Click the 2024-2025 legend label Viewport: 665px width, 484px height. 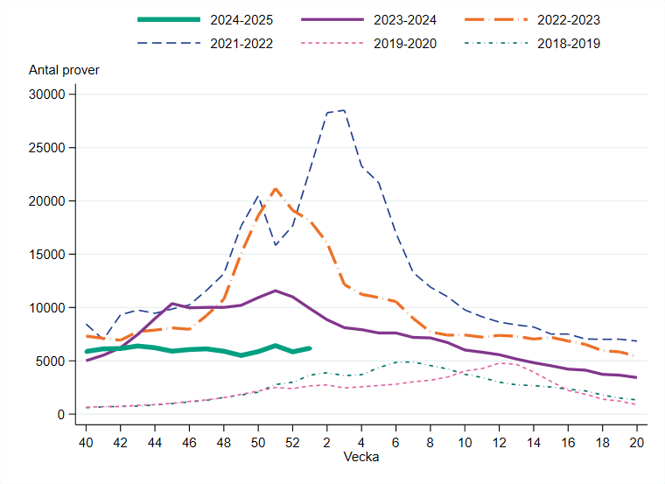pyautogui.click(x=238, y=19)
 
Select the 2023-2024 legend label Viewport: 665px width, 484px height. pyautogui.click(x=402, y=19)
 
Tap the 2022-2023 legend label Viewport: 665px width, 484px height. pyautogui.click(x=567, y=19)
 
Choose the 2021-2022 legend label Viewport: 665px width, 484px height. pyautogui.click(x=238, y=43)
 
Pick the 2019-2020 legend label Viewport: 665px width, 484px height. pyautogui.click(x=402, y=43)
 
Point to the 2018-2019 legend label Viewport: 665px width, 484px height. pyautogui.click(x=567, y=43)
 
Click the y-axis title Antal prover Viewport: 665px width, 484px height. pyautogui.click(x=64, y=70)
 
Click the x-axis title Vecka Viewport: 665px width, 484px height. pyautogui.click(x=361, y=457)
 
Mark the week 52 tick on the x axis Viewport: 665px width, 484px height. pyautogui.click(x=292, y=442)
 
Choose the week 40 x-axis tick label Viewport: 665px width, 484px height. pyautogui.click(x=86, y=442)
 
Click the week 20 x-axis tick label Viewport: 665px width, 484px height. pyautogui.click(x=637, y=442)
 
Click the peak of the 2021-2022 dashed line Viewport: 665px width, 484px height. pyautogui.click(x=344, y=110)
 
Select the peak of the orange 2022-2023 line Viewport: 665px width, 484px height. pyautogui.click(x=275, y=188)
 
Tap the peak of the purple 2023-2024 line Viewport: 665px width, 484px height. pyautogui.click(x=276, y=291)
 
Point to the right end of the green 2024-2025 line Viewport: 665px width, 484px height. pyautogui.click(x=310, y=348)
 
